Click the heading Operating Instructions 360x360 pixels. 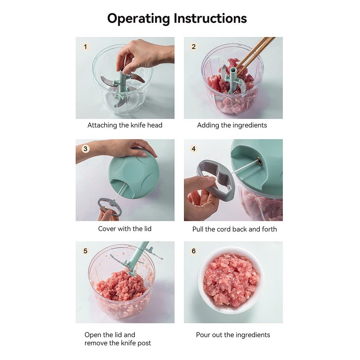click(x=177, y=19)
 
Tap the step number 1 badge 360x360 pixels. click(x=85, y=47)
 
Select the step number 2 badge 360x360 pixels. click(x=194, y=47)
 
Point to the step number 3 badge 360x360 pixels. click(x=85, y=149)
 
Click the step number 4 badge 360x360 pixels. click(x=194, y=149)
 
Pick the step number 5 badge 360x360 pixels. click(x=85, y=251)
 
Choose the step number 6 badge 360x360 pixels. click(x=194, y=251)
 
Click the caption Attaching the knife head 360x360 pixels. click(x=125, y=125)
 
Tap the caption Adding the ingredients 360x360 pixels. click(x=232, y=126)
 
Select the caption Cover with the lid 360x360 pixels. click(x=125, y=229)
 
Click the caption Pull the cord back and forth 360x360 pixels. click(x=234, y=229)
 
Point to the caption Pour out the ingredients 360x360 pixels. click(x=233, y=335)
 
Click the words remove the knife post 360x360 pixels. click(x=118, y=343)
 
